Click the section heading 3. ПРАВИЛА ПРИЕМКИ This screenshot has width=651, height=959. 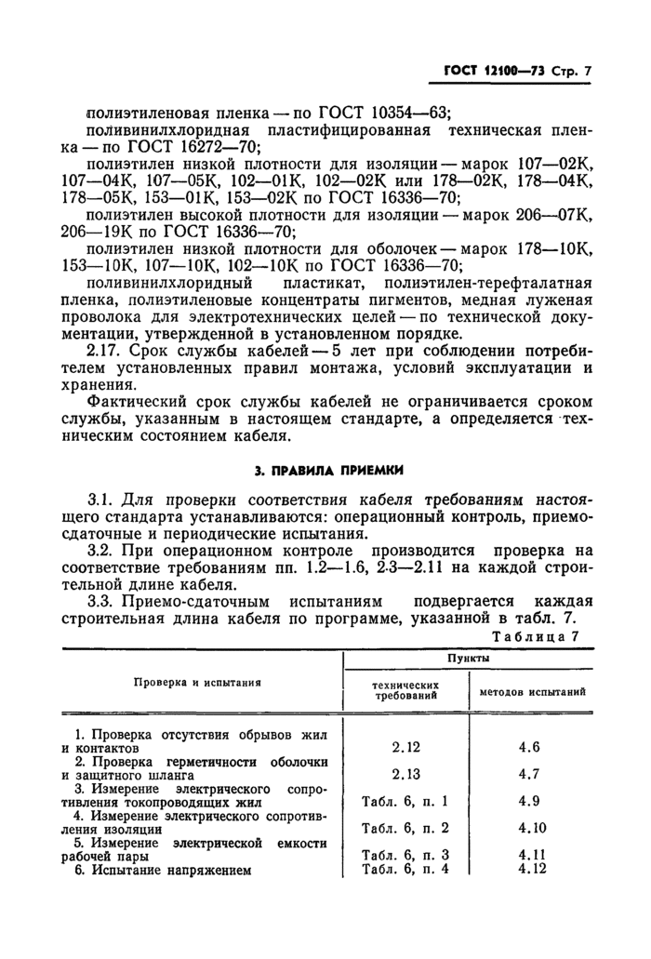click(x=325, y=469)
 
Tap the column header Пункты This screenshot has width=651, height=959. click(x=468, y=658)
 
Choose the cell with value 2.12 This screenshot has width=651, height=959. click(x=406, y=746)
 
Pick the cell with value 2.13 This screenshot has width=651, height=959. click(x=406, y=774)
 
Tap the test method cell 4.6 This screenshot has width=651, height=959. click(x=529, y=746)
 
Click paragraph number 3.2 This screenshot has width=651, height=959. click(x=100, y=551)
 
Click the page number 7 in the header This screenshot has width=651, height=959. click(x=588, y=71)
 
